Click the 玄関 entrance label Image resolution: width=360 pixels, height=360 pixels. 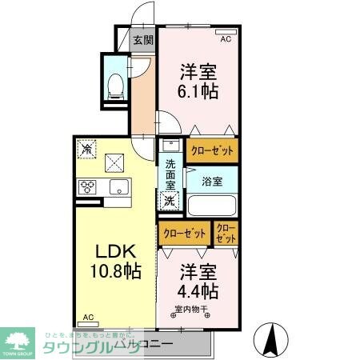[142, 39]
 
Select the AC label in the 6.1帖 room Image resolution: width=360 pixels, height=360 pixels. [225, 38]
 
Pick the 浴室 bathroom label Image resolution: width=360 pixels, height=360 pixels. [211, 181]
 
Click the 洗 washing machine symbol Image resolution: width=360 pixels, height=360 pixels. [169, 202]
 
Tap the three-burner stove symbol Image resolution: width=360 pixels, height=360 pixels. [87, 188]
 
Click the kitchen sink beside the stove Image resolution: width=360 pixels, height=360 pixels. [119, 188]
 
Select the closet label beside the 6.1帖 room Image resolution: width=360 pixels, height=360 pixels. [212, 150]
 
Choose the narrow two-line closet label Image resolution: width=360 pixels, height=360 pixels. [226, 234]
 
